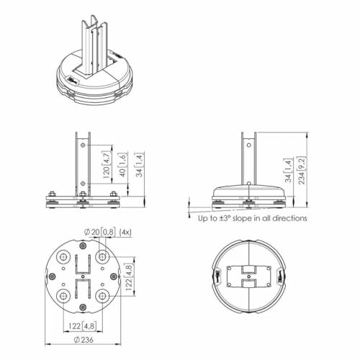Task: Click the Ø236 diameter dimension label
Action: [x=84, y=340]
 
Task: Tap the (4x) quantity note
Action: [x=125, y=233]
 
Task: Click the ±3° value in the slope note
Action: [x=225, y=218]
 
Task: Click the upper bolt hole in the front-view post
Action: [x=83, y=145]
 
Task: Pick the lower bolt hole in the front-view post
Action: [x=83, y=184]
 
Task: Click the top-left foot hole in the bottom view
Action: [x=63, y=257]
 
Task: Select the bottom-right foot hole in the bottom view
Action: [x=102, y=297]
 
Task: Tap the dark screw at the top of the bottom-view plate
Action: [x=83, y=246]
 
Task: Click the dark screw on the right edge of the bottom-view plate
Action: [x=114, y=276]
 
